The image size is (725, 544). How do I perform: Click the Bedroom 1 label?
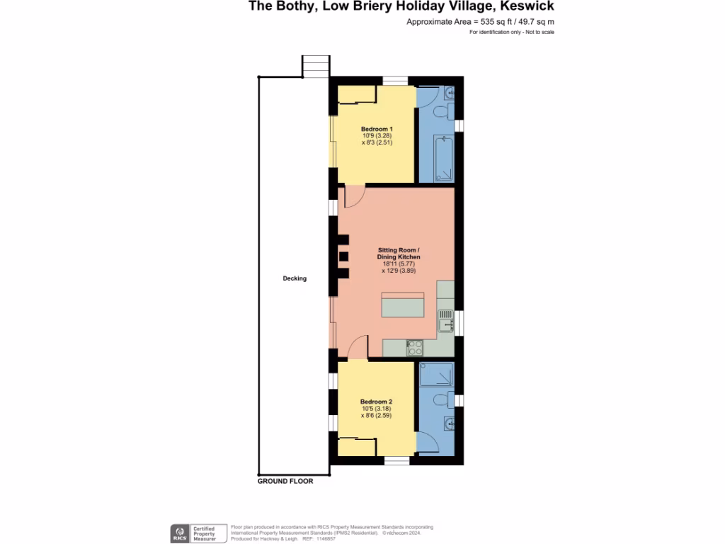[377, 128]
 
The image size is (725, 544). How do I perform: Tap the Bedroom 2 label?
[377, 401]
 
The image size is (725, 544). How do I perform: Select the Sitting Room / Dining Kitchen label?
[399, 254]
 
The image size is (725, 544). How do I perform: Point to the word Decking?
[295, 278]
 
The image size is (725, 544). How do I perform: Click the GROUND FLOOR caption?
[285, 481]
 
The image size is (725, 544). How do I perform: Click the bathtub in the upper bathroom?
[443, 159]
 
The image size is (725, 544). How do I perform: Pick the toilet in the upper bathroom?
[441, 111]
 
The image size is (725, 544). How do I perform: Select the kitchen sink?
[445, 320]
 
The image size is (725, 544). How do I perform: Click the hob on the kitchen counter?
[414, 347]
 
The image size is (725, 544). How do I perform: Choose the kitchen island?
[403, 305]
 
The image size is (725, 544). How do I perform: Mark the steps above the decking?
[315, 67]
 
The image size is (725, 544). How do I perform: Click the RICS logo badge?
[179, 533]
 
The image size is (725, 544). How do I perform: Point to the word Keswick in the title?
[528, 7]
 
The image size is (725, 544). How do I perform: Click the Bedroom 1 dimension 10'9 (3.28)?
[377, 135]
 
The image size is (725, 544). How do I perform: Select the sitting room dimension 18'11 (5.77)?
[398, 263]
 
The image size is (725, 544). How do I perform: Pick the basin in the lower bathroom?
[448, 424]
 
